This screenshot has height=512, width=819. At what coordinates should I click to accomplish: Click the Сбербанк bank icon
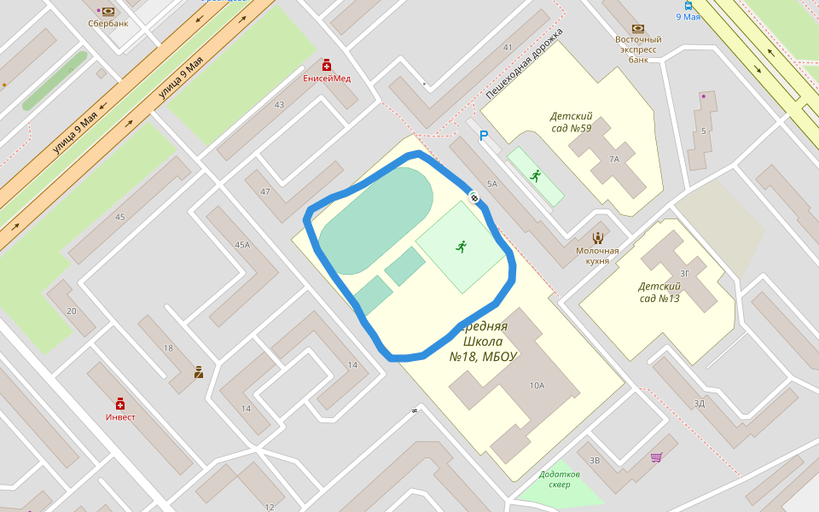point(108,11)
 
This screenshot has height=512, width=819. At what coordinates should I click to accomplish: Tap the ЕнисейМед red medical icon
point(327,65)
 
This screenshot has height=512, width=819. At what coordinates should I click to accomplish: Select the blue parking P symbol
point(484,136)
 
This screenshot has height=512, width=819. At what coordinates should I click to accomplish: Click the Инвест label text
point(120,417)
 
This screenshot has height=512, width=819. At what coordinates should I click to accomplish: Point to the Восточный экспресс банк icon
point(638,28)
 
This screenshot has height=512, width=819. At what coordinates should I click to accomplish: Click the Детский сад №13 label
point(659,292)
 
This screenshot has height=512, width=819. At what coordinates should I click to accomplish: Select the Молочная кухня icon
point(597,237)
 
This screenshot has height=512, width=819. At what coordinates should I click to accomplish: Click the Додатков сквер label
point(560,479)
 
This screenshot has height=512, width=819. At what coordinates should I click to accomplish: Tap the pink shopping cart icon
point(656,457)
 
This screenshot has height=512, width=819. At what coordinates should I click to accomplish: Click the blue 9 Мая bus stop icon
point(688,5)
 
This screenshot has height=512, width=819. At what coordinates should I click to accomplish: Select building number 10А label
point(537,386)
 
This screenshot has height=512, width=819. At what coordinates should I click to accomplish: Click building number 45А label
point(242,246)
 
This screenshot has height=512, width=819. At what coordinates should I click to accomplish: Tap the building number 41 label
point(508,48)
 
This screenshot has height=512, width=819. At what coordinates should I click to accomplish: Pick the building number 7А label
point(613,160)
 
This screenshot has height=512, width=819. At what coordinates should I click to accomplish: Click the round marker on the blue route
point(473,197)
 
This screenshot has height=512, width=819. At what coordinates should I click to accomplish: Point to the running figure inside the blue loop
point(462,247)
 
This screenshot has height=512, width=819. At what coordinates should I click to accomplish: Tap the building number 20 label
point(71,311)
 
